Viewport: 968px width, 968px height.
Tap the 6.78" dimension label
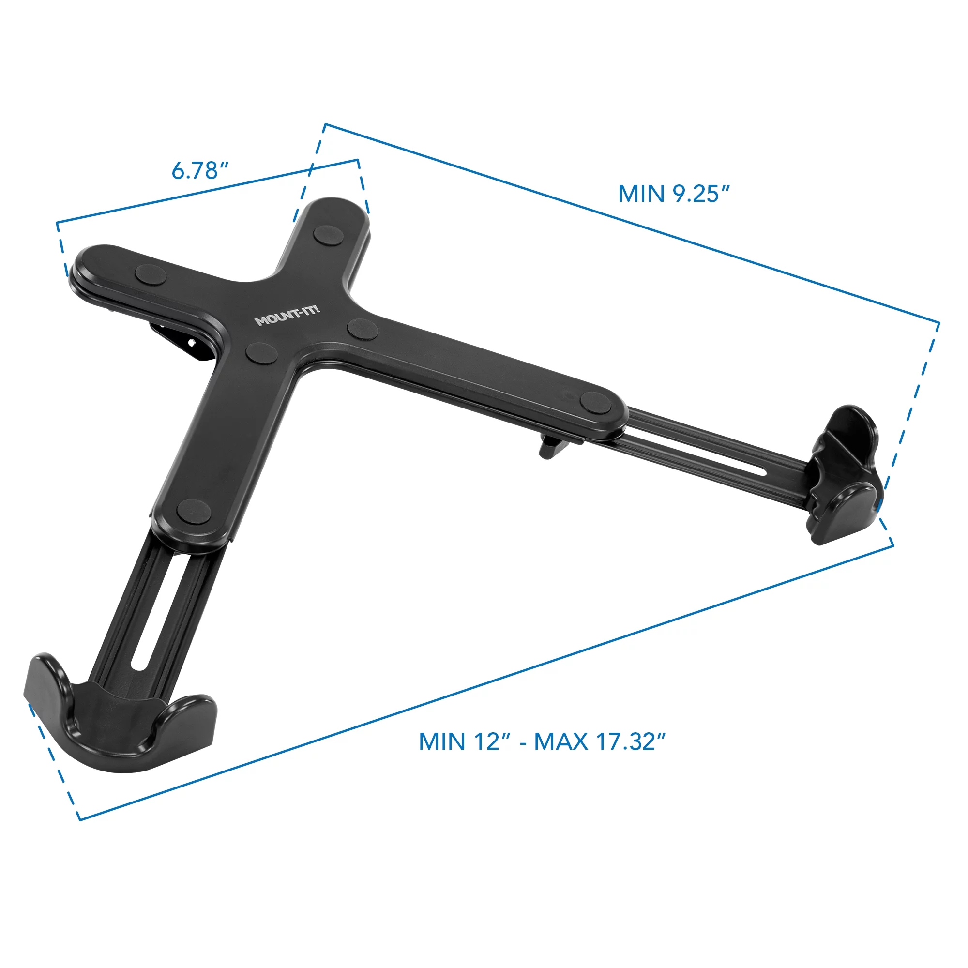click(x=200, y=171)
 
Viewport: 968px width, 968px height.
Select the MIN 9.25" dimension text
click(x=674, y=194)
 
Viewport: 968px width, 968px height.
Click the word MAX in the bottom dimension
click(x=560, y=742)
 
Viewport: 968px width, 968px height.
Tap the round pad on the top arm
click(x=326, y=235)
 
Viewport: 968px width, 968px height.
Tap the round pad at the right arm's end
click(x=596, y=402)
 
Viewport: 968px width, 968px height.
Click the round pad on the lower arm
click(x=194, y=511)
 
